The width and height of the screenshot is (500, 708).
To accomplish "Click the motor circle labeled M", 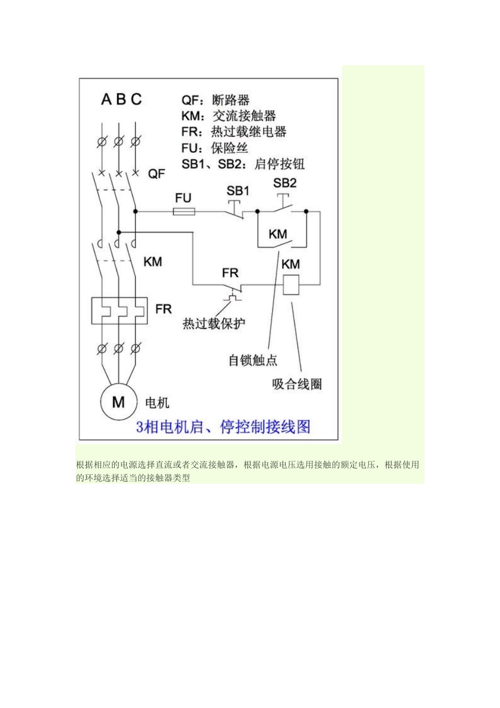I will tap(118, 402).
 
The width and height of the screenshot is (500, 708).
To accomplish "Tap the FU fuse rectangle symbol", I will tap(184, 212).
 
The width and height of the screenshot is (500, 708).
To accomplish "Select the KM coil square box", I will tap(291, 285).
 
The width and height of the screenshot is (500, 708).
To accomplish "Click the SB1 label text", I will tap(238, 191).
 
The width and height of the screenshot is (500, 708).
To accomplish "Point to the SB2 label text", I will tap(285, 183).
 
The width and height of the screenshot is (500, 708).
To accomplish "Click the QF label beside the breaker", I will tap(156, 173).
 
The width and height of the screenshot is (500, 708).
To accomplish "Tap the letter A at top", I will tap(106, 99).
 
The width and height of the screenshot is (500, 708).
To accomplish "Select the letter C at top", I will tap(136, 99).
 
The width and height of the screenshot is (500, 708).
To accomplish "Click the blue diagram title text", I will tap(223, 426).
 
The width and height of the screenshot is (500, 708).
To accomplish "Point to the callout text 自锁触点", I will tap(253, 360).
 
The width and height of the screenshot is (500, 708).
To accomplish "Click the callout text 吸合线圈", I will tap(297, 384).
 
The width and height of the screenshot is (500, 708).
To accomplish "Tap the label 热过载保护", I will tap(214, 323).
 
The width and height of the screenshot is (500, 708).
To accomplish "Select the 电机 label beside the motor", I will tap(157, 403).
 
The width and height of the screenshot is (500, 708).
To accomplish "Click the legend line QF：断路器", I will tap(215, 100).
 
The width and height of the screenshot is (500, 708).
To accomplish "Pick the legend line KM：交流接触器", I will tap(228, 116).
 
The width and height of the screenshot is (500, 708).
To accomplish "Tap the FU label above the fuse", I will tap(183, 198).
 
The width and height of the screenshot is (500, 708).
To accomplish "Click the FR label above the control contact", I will tap(230, 273).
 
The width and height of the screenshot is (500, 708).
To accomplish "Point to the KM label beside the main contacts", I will tap(153, 262).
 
